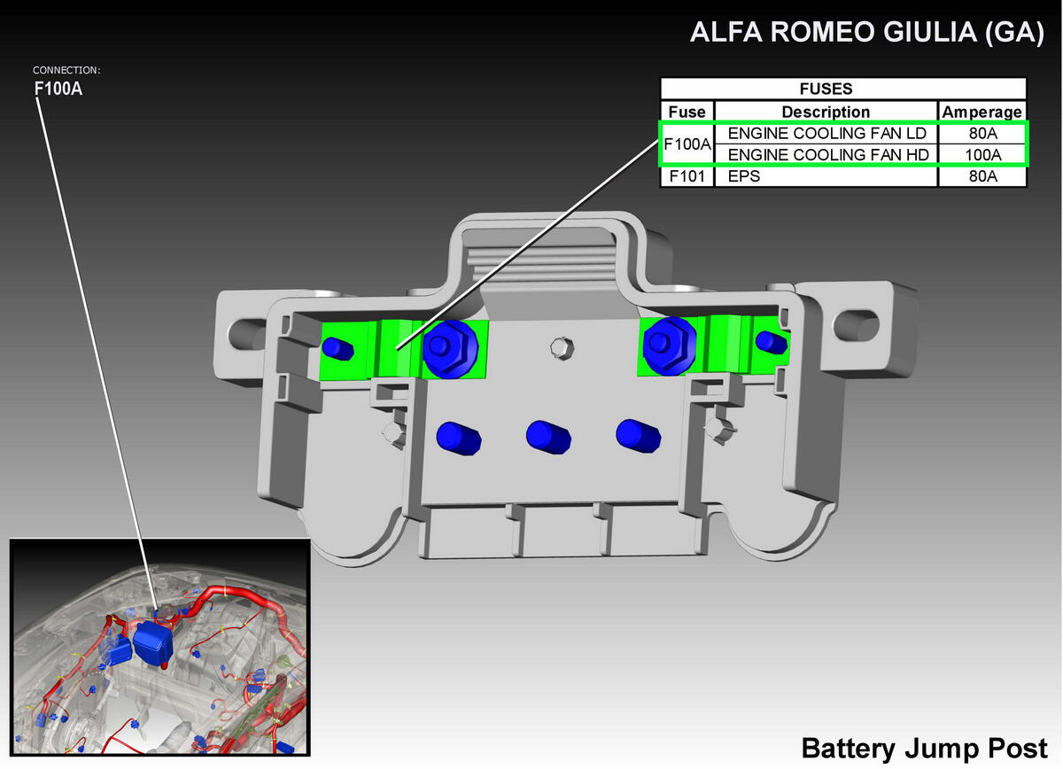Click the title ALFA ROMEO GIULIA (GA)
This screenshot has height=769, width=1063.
(867, 32)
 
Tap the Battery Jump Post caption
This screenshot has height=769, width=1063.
(925, 749)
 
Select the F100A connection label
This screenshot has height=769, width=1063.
(58, 89)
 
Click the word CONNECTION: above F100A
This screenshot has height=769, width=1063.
(66, 70)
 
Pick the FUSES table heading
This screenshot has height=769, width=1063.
(826, 89)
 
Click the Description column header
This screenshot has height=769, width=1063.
(826, 112)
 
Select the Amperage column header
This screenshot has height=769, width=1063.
(982, 112)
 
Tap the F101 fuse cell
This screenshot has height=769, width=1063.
(687, 176)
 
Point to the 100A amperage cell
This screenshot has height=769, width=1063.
(982, 155)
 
